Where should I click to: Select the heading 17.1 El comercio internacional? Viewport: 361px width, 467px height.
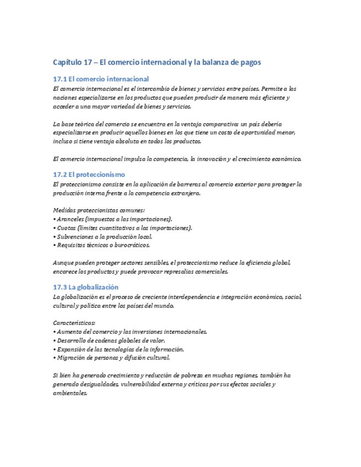[101, 79]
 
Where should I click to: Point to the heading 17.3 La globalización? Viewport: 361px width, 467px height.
[85, 287]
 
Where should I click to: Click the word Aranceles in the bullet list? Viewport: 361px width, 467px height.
[71, 219]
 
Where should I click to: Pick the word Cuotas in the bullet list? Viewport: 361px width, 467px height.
[66, 227]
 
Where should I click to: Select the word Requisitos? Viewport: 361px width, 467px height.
[72, 245]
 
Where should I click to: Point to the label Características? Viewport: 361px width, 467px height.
[74, 323]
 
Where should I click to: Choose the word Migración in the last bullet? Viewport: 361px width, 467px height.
[71, 358]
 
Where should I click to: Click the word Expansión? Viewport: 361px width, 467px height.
[72, 349]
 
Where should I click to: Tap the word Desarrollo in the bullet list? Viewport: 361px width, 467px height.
[73, 340]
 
